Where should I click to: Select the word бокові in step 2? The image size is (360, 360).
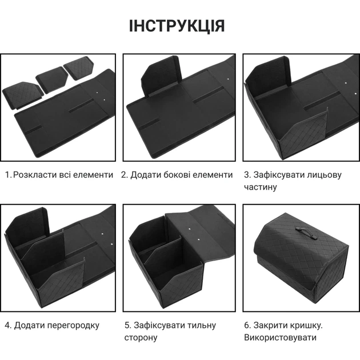pos(175,175)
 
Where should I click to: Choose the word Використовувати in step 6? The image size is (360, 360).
pos(281,338)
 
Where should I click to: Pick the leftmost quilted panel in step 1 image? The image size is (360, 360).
pos(22,94)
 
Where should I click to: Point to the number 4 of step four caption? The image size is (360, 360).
pos(7,325)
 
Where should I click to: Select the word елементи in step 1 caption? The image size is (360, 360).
pos(94,175)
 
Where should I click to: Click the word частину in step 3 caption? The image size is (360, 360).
pos(261,187)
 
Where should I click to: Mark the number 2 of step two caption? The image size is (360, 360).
pos(123,175)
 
